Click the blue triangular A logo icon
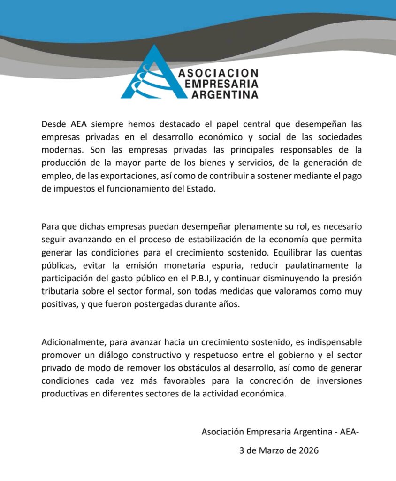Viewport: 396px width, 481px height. pyautogui.click(x=148, y=75)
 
